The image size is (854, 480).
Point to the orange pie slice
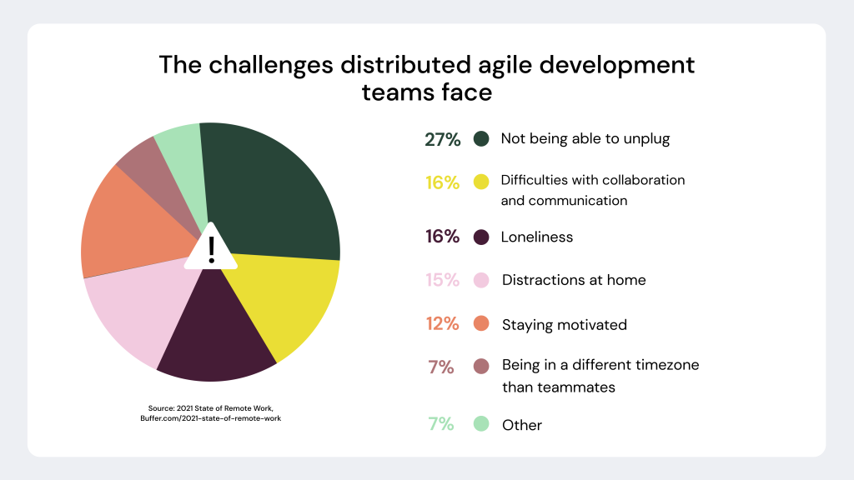point(125,225)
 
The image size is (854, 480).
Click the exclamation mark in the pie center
point(211,249)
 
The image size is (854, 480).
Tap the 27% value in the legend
point(442,140)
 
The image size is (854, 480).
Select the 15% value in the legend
point(442,280)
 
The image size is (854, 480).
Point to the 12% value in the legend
point(442,324)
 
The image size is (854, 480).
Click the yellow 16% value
point(442,182)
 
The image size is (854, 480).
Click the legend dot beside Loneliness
point(481,237)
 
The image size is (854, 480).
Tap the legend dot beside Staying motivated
point(481,324)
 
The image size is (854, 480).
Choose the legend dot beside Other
point(481,425)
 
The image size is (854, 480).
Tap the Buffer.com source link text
point(210,418)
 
